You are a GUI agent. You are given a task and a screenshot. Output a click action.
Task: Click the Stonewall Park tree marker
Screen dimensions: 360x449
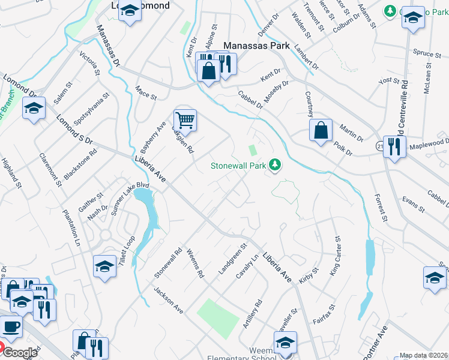point(275,164)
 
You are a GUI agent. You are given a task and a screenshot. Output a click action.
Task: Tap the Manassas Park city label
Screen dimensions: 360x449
point(256,46)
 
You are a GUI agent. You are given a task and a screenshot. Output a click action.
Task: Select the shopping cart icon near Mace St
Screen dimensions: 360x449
point(185,121)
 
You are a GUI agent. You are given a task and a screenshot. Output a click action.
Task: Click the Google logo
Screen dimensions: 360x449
point(19,353)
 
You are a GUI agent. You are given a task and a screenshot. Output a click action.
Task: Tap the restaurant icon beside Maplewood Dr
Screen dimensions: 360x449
point(394,147)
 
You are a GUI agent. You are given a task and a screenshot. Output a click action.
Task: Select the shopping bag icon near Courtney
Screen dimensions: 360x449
point(321,130)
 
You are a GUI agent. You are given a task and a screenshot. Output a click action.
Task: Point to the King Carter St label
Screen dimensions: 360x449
point(334,255)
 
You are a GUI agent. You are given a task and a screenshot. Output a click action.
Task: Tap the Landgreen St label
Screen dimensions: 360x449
point(233,259)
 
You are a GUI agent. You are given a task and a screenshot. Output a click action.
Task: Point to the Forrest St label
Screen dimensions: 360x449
point(380,207)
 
